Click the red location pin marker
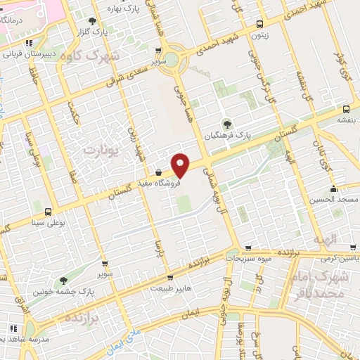181,165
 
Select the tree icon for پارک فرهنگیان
226,124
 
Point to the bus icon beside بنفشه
346,110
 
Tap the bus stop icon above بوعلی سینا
48,212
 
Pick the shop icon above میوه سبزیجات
247,248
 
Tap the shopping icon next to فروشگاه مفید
158,172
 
